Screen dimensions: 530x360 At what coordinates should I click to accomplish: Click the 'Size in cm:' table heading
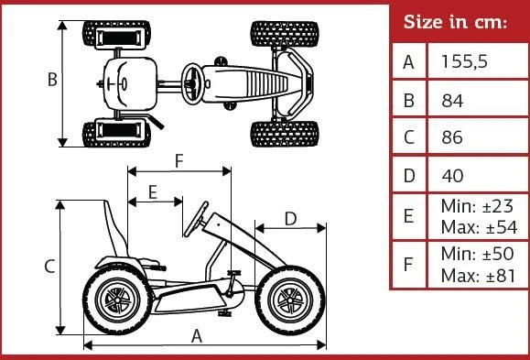[455, 22]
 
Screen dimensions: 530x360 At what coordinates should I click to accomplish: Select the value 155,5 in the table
[464, 62]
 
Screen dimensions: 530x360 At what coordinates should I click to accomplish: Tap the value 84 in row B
[452, 101]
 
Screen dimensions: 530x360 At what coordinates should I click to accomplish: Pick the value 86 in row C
[452, 137]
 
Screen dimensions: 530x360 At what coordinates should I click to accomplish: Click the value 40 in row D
[452, 176]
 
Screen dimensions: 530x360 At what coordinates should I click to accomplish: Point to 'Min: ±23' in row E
[477, 206]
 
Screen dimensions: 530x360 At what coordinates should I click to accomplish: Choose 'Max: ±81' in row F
[479, 276]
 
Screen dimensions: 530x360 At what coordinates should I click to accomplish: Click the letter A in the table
[408, 62]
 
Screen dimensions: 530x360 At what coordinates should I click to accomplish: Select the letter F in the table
[408, 264]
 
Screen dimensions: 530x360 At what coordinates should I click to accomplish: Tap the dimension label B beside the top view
[52, 80]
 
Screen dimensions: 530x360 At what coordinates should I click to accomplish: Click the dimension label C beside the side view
[49, 267]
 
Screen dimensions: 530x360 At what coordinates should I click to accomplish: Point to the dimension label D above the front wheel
[291, 219]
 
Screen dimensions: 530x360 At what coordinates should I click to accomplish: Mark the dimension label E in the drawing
[153, 192]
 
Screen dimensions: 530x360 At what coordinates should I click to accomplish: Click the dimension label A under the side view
[197, 337]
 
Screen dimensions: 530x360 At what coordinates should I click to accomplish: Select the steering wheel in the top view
[192, 84]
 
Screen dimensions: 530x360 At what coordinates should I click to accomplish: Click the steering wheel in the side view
[196, 219]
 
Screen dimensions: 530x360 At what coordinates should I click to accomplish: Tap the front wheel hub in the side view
[290, 300]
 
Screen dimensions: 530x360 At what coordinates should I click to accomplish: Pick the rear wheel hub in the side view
[117, 300]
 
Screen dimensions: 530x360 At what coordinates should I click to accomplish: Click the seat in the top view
[130, 84]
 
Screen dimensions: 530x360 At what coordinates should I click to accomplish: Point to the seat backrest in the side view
[115, 228]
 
